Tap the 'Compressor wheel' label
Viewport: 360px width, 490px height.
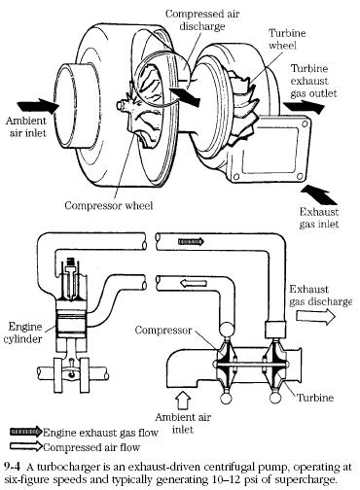109,205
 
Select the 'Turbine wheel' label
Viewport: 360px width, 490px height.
286,39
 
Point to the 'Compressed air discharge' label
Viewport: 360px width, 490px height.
202,19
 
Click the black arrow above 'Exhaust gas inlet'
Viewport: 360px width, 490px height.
319,194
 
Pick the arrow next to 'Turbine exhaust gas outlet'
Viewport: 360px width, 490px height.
304,107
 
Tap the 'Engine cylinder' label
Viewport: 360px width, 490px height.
23,332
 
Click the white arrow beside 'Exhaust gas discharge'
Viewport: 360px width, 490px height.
315,317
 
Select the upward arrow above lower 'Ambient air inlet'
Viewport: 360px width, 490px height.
183,401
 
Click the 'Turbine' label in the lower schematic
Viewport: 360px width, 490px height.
315,398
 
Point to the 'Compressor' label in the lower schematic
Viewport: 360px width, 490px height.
163,331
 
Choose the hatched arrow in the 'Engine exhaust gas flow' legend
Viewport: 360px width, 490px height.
26,432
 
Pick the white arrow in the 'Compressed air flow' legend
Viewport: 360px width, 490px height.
26,446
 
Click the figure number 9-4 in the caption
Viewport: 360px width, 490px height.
13,467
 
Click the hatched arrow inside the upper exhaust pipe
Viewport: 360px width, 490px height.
191,241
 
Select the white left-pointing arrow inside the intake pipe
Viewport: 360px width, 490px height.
194,283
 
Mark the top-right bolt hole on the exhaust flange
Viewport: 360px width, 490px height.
305,124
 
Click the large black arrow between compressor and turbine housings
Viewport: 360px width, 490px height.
185,95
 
